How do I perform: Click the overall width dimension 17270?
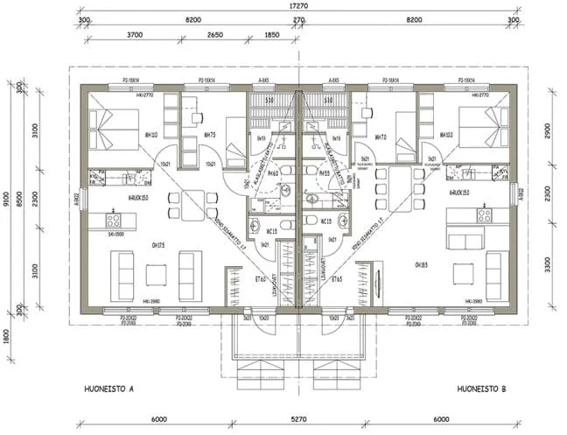tap(299, 5)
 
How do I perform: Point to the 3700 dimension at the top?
tap(134, 34)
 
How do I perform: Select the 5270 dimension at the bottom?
tap(299, 418)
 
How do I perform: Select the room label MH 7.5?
tap(210, 136)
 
